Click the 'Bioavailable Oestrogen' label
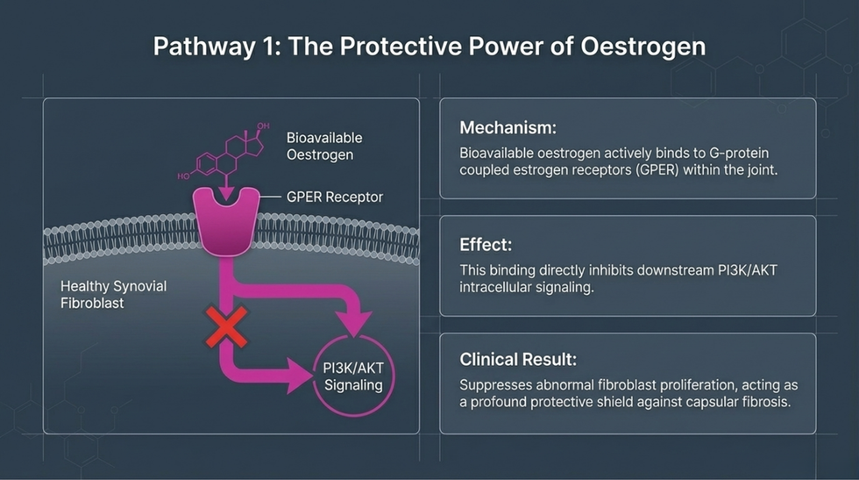pyautogui.click(x=323, y=146)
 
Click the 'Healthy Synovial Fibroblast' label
pyautogui.click(x=113, y=295)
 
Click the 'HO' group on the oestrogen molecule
pyautogui.click(x=183, y=176)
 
